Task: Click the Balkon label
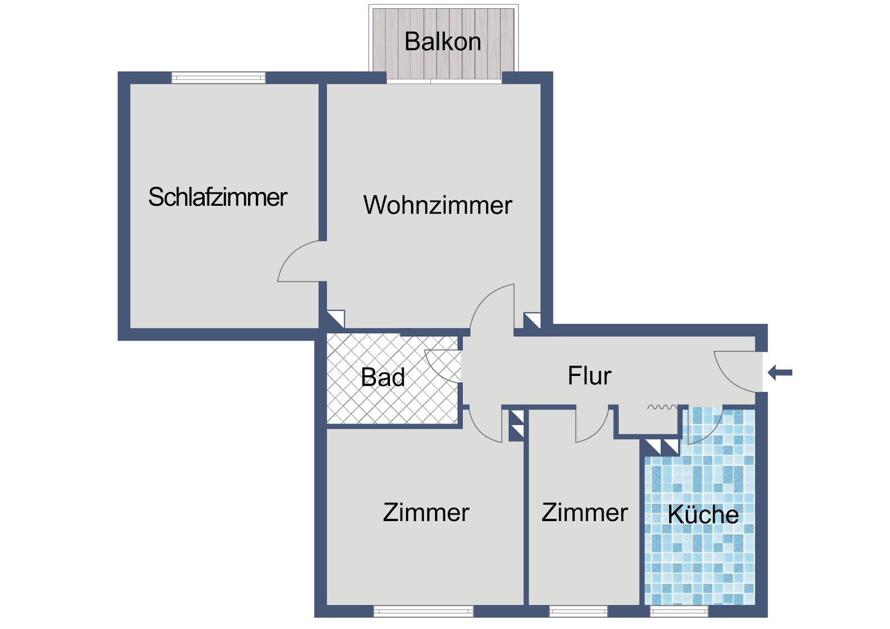coord(443,41)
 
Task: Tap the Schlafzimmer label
coord(217,197)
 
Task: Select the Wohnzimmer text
coord(437,205)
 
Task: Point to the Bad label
coord(383,377)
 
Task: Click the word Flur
coord(590,375)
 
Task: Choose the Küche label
coord(703,514)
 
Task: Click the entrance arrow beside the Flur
coord(780,373)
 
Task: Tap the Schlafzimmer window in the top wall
coord(218,77)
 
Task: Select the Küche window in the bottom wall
coord(679,611)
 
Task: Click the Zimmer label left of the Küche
coord(585,513)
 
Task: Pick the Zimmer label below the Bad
coord(426,513)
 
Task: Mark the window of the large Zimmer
coord(423,611)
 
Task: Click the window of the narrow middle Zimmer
coord(578,611)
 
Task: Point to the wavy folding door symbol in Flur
coord(662,407)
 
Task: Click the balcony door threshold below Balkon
coord(444,81)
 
